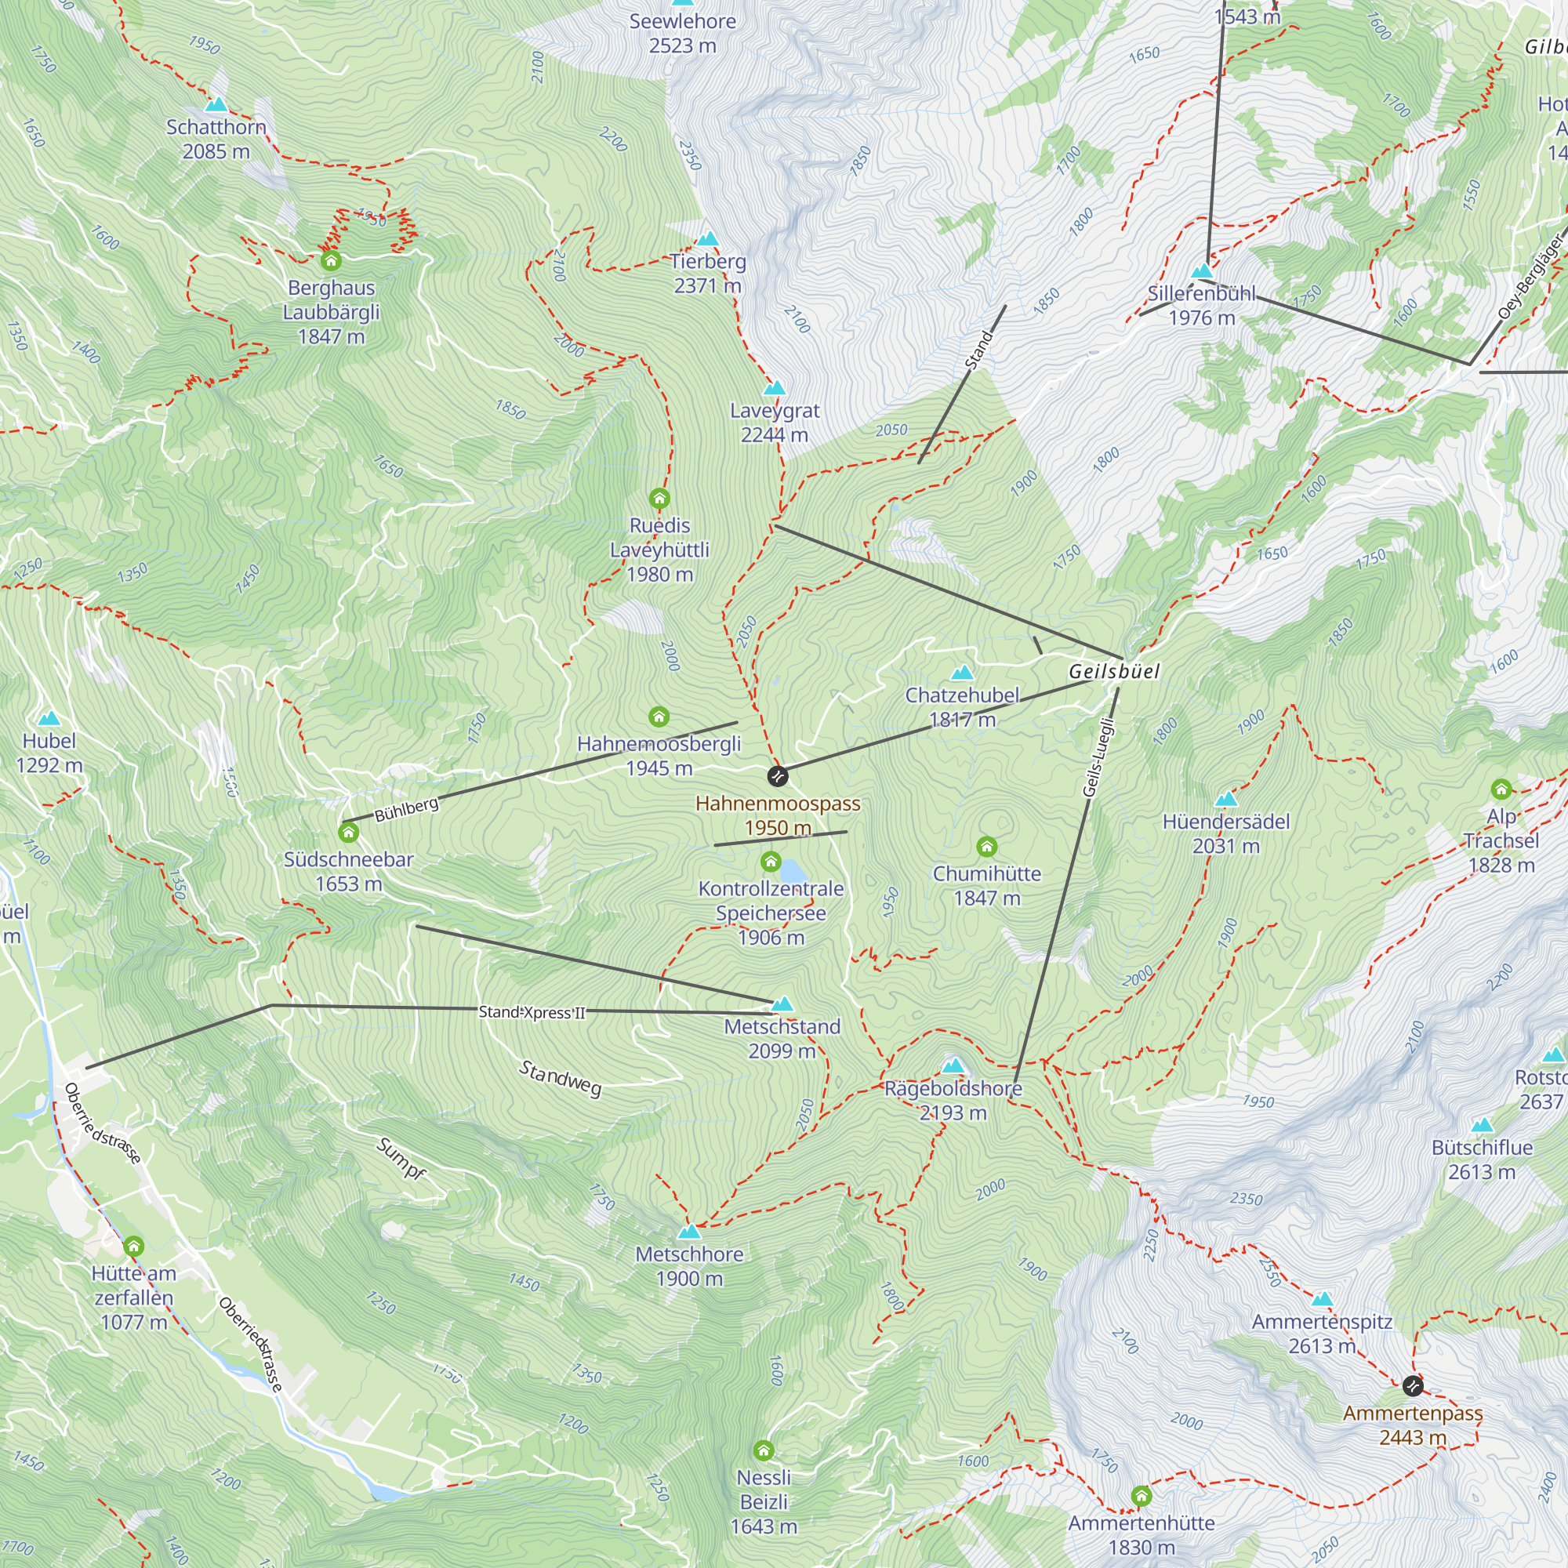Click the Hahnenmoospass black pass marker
(777, 776)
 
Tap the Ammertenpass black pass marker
(1412, 1385)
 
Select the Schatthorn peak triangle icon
(216, 105)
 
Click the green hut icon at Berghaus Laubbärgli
(330, 260)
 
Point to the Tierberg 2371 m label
(708, 274)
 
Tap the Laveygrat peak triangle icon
(775, 388)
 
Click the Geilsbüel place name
(1113, 671)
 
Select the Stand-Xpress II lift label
(532, 1012)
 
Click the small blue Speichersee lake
(792, 873)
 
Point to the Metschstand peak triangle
(782, 1004)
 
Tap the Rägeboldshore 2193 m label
(953, 1101)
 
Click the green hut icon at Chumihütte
(986, 848)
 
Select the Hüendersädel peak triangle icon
(1225, 800)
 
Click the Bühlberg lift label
(406, 809)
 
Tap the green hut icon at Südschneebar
(348, 833)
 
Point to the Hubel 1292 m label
(49, 753)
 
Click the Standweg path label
(560, 1079)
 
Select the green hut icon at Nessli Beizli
(763, 1450)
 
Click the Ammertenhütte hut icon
(1141, 1496)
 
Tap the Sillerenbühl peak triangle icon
(1201, 270)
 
